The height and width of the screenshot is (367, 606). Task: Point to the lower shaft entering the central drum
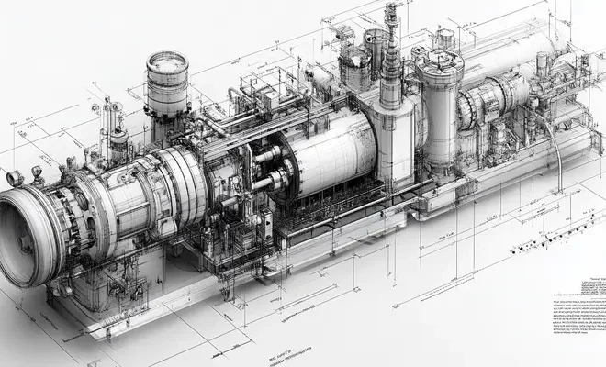(262, 183)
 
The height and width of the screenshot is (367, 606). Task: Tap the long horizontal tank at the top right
(514, 55)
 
